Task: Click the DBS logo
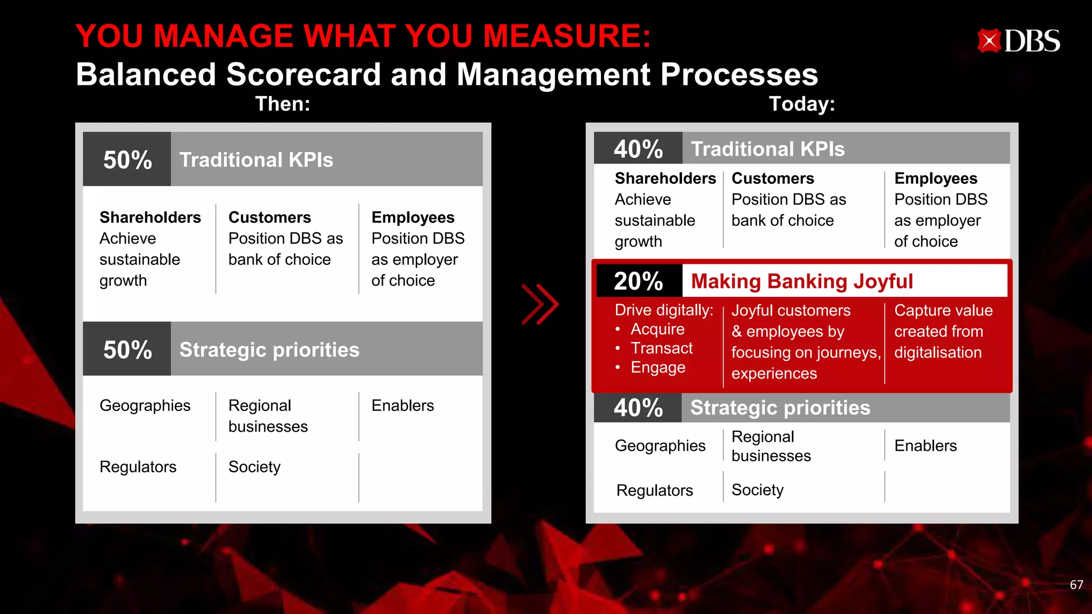[1018, 41]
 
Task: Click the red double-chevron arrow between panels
[540, 304]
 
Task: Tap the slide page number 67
[1076, 585]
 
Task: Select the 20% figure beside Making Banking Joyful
[638, 281]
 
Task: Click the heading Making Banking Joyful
[801, 281]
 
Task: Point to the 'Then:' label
[283, 103]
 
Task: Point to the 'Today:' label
[801, 103]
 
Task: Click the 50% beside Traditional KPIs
[127, 160]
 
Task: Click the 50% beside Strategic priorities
[127, 350]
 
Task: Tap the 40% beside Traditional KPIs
[638, 149]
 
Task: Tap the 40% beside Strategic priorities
[638, 408]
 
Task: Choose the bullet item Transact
[661, 349]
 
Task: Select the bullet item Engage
[657, 368]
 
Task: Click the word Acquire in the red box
[657, 329]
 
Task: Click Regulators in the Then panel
[138, 467]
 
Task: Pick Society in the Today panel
[757, 490]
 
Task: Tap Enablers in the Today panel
[925, 446]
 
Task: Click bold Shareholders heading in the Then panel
[150, 217]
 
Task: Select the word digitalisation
[937, 352]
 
